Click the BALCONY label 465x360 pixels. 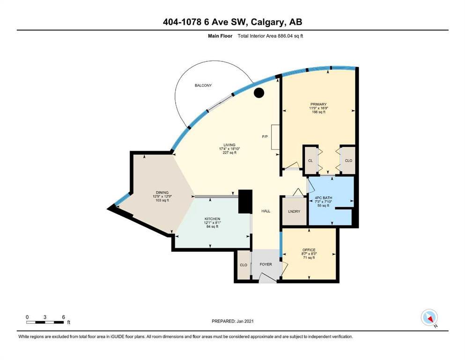point(203,85)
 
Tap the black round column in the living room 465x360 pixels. point(259,93)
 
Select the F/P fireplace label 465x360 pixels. point(265,136)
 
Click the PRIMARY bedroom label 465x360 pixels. point(318,104)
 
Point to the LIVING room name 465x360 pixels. point(229,145)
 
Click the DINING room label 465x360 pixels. point(162,193)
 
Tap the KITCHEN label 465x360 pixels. point(212,219)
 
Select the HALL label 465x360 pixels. point(266,211)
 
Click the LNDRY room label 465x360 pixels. point(294,211)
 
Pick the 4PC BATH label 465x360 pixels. point(323,198)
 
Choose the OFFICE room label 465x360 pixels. point(309,250)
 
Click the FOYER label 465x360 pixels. point(266,264)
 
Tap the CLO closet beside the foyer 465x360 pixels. point(244,265)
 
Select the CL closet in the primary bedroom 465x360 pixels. point(310,161)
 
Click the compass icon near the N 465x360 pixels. point(429,317)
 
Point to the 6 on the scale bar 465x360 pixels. point(64,317)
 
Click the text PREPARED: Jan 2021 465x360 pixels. point(232,321)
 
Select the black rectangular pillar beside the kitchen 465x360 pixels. point(245,202)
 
